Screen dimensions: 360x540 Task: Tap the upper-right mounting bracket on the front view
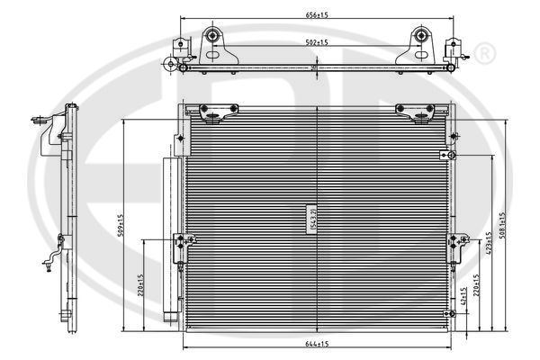416,112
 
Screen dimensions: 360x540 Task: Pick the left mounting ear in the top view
214,40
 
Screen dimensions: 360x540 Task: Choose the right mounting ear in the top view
419,40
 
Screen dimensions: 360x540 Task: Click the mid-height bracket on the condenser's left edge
184,244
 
